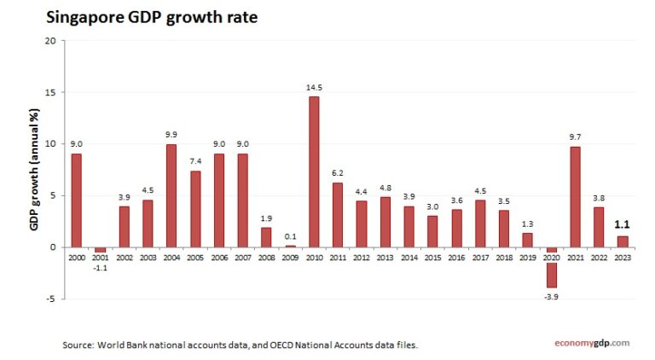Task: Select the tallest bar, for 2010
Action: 314,171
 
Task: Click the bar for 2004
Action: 171,195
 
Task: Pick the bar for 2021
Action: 575,196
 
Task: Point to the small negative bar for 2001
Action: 100,249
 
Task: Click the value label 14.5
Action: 314,87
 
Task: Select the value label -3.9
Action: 551,296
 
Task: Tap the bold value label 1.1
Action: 623,225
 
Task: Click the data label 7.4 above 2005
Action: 195,161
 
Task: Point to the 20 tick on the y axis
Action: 49,41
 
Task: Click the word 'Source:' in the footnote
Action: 79,345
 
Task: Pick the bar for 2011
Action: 338,214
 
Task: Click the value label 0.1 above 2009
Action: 290,236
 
